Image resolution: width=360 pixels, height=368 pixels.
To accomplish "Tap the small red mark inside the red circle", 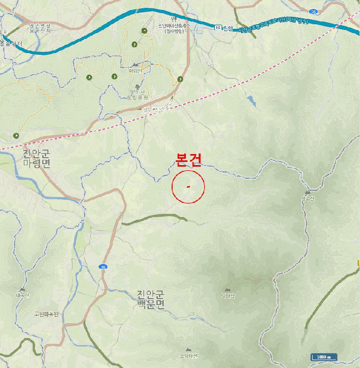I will [x=188, y=187].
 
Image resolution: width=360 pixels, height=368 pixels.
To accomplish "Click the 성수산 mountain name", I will [x=307, y=199].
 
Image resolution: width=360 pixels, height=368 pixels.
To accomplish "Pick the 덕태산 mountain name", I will [x=228, y=296].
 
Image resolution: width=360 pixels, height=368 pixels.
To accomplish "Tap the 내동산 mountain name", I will [x=22, y=295].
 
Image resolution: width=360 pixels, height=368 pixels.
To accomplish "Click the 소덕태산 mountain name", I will [x=188, y=356].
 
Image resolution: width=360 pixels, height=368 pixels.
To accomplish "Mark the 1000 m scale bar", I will [x=323, y=357].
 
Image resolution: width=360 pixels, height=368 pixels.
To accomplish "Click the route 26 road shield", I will [x=314, y=11].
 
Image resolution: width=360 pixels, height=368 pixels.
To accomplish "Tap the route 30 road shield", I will [x=104, y=267].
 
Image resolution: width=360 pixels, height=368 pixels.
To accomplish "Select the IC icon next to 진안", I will [x=217, y=28].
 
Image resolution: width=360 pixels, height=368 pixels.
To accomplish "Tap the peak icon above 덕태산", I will [x=227, y=290].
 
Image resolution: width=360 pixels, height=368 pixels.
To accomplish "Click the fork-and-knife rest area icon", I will [x=174, y=19].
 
